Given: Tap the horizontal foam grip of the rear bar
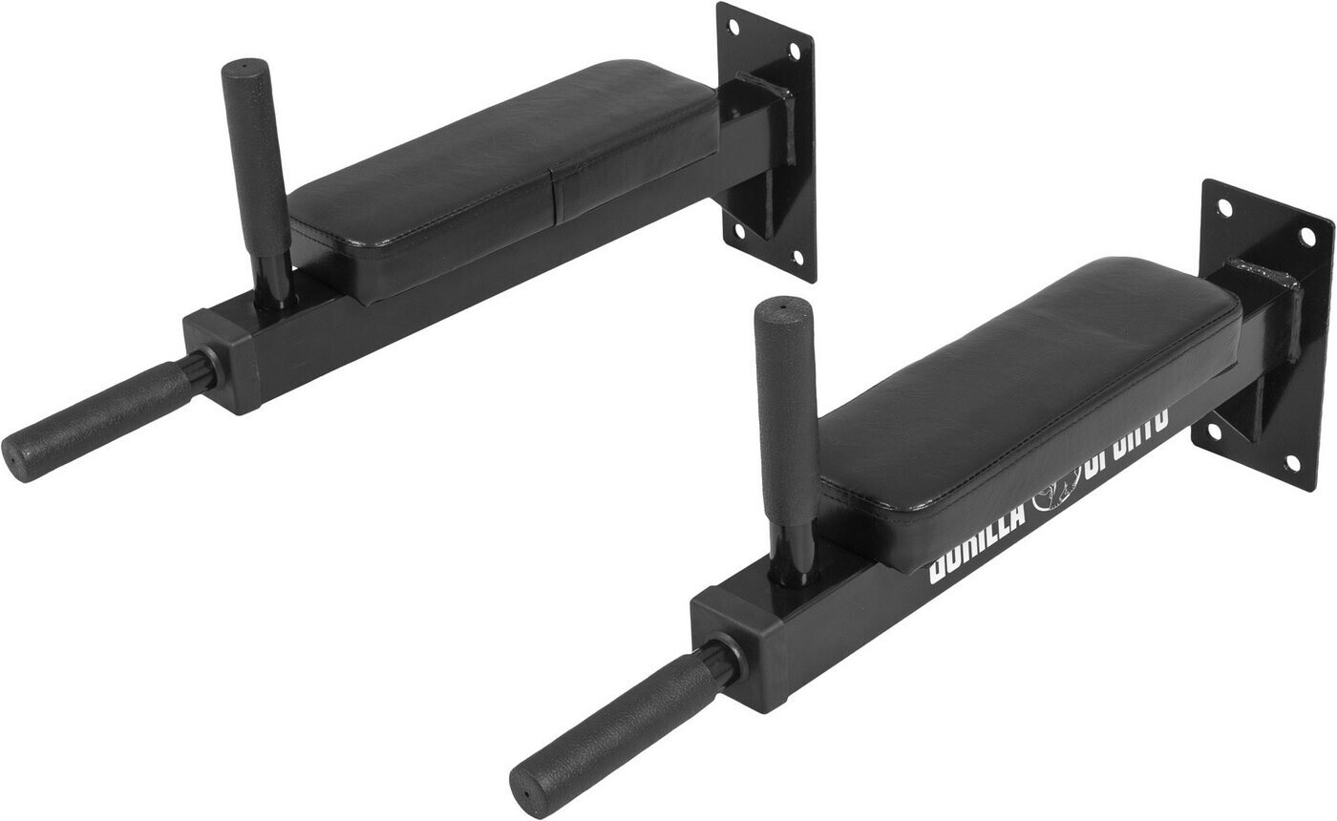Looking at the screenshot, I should (100, 420).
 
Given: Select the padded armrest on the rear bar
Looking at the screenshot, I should (506, 172).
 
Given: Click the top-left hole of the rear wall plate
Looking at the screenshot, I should (733, 26).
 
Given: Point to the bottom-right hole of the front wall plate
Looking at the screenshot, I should (1292, 463).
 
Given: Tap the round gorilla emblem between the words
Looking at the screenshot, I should (1052, 489).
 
